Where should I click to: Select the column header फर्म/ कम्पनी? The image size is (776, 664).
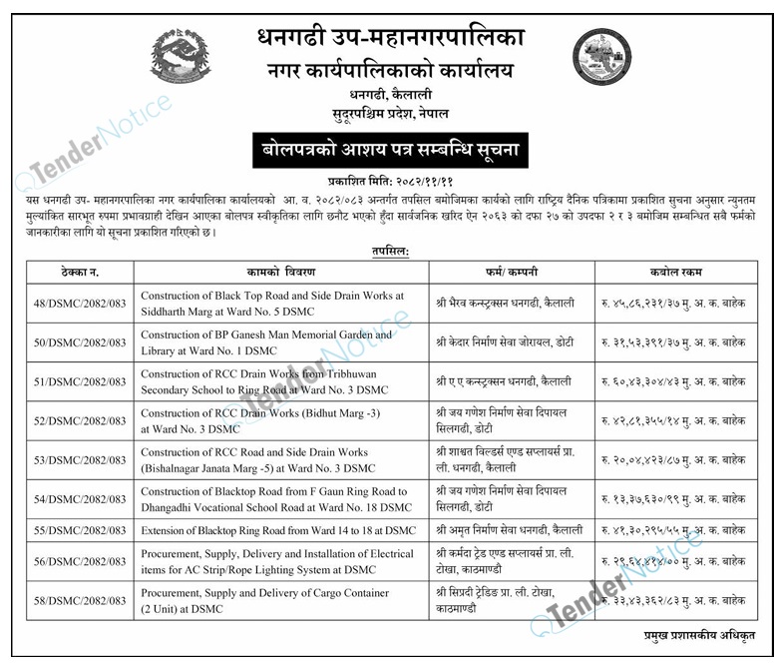coord(511,272)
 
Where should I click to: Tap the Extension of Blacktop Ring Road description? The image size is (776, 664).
coord(278,529)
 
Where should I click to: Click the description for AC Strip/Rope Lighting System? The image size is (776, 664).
coord(277,561)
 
